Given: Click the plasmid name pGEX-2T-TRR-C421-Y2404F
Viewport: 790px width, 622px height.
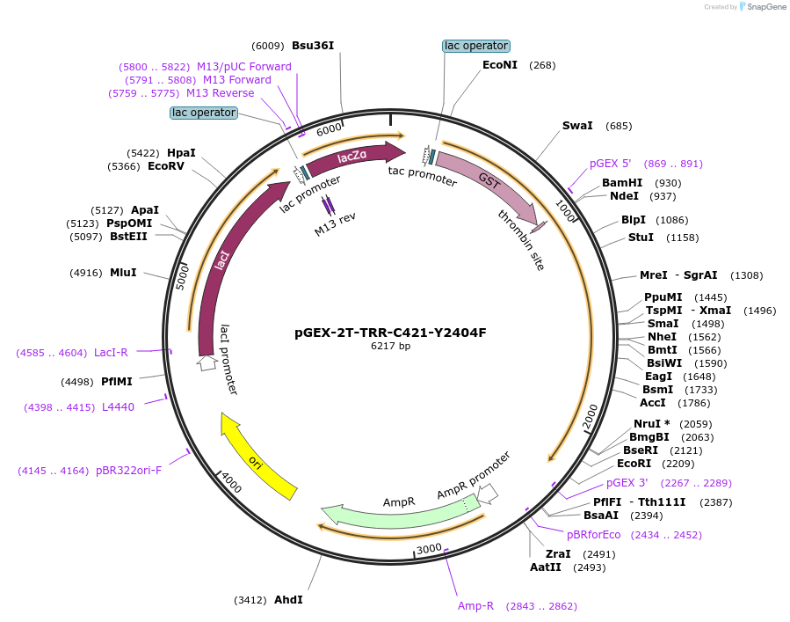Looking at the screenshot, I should (390, 333).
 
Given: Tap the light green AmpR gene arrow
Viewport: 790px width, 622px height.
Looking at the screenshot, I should (395, 510).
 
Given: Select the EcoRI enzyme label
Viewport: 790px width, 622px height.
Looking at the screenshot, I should (633, 464).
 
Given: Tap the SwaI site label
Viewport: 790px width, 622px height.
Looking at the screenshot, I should (577, 126).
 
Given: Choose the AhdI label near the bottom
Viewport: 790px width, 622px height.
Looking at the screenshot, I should (288, 600).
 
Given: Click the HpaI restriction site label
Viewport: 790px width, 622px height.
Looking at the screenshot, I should (181, 152).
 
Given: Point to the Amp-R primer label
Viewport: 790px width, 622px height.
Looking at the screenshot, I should (475, 605).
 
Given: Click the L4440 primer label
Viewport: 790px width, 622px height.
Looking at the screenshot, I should (118, 407).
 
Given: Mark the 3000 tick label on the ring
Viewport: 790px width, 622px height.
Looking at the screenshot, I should (429, 549).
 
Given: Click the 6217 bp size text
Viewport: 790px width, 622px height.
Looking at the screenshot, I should (390, 347).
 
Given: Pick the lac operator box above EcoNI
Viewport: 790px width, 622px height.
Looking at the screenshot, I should (475, 46).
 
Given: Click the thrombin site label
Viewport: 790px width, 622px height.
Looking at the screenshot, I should (521, 239).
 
